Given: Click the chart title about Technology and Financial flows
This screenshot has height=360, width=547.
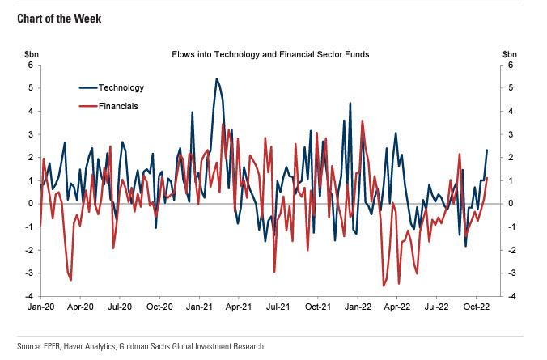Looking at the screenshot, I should coord(270,55).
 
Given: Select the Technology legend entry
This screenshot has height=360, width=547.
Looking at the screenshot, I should coord(121,87).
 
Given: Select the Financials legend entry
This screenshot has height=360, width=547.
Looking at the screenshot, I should coord(118,106).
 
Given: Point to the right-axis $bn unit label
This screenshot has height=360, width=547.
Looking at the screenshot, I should coord(509,54).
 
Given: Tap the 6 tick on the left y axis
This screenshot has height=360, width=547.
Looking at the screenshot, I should coord(31,65).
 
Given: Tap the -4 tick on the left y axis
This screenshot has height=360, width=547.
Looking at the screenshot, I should coord(29,296).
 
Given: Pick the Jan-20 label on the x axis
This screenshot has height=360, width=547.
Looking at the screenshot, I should coord(40,307).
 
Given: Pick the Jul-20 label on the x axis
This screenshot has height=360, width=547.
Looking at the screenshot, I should coord(120,307).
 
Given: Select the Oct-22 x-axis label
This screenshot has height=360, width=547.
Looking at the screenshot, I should coord(476,307).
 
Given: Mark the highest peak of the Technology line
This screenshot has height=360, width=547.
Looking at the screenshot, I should coord(216,78).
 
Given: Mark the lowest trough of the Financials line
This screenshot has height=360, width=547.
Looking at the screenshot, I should coord(384,286).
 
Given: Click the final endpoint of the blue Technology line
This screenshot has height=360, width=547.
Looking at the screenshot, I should coord(487,150).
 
